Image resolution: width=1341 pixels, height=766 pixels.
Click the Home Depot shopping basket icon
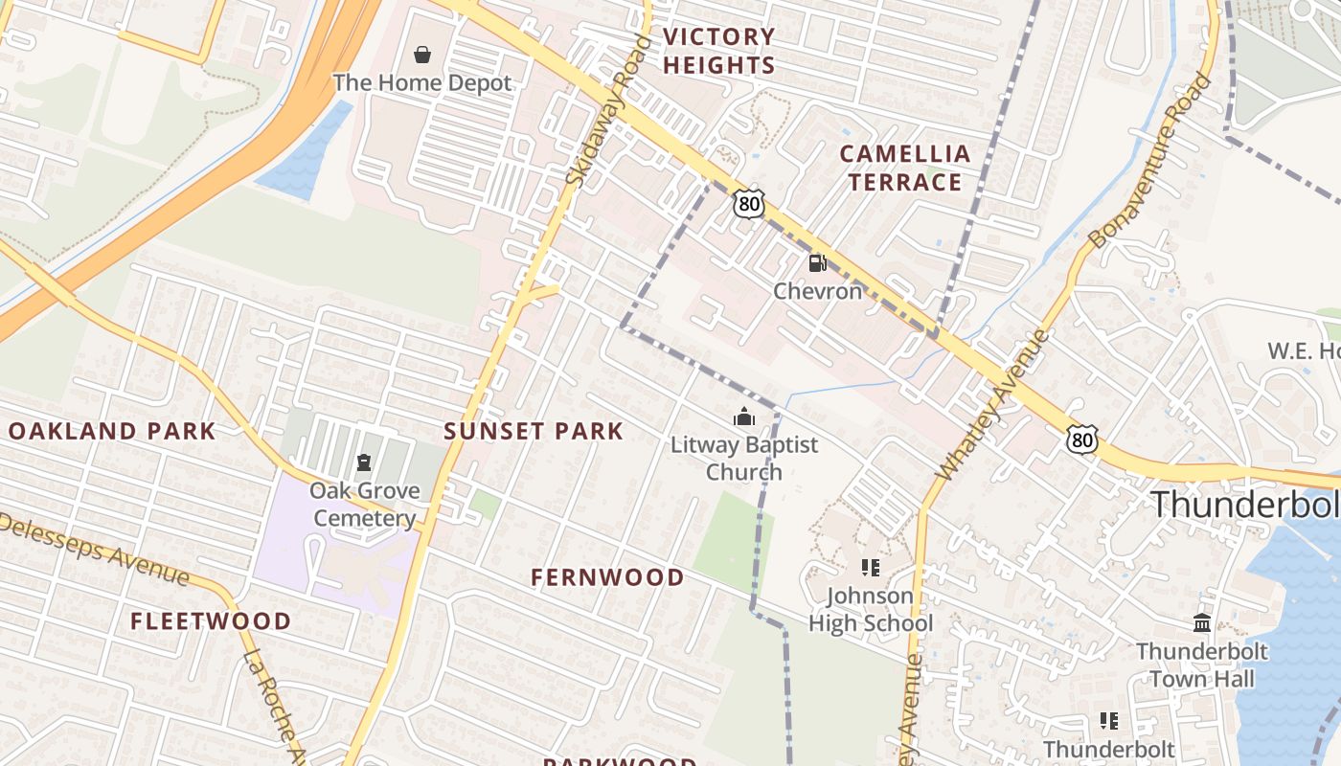tap(421, 55)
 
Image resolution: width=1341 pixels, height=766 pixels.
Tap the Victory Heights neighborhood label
tap(718, 52)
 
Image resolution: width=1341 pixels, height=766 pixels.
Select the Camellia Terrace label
tap(904, 168)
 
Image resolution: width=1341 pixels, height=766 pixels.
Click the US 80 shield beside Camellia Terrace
tap(750, 203)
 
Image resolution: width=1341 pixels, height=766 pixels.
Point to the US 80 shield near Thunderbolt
tap(1082, 439)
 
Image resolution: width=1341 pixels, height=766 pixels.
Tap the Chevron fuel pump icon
tap(817, 262)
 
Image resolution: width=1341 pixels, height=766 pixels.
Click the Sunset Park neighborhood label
tap(534, 431)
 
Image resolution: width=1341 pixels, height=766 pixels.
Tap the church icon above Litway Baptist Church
tap(743, 417)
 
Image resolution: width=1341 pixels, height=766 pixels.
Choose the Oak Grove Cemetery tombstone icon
tap(363, 463)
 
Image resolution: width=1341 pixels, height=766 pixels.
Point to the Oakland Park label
tap(112, 431)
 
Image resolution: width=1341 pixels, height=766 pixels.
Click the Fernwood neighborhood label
tap(608, 577)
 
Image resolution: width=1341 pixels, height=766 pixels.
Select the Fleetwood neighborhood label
tap(211, 621)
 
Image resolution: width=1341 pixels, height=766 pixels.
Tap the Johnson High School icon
tap(870, 568)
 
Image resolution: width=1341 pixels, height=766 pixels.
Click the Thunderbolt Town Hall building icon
tap(1202, 624)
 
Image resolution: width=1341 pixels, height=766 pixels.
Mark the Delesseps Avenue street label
tap(96, 549)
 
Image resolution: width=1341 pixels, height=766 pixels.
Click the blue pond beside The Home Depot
tap(305, 153)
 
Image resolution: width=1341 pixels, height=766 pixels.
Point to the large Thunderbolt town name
tap(1245, 504)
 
